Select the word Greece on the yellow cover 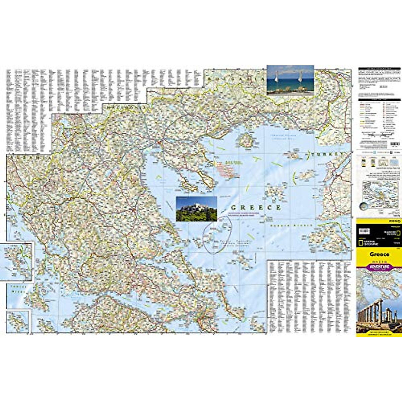(379, 254)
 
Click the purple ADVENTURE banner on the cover (379, 267)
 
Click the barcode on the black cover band (364, 231)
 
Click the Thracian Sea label (282, 137)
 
